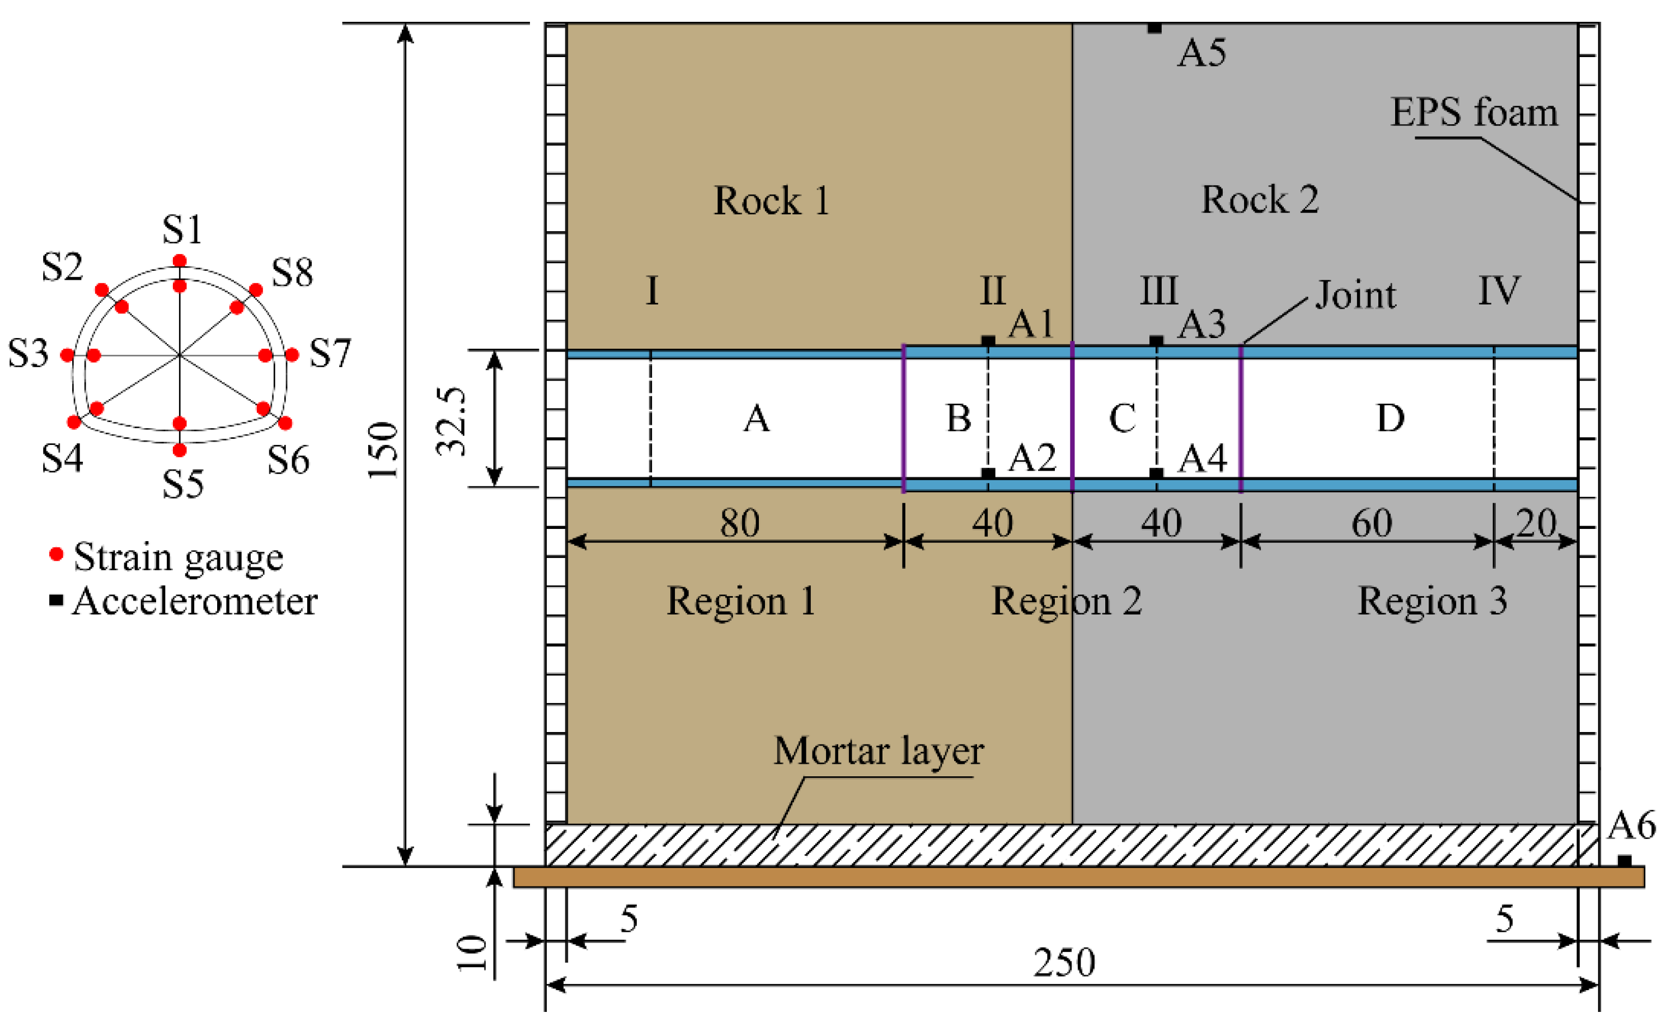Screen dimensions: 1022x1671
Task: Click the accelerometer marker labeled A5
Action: point(1154,28)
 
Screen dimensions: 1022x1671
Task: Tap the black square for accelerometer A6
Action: point(1624,861)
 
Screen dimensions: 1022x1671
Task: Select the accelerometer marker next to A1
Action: point(988,340)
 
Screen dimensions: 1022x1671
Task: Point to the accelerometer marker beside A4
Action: point(1156,473)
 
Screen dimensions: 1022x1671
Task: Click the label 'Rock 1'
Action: point(771,201)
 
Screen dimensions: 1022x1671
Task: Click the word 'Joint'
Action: point(1355,295)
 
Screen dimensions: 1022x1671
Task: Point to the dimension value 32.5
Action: point(452,420)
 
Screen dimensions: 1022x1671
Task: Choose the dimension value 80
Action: point(739,523)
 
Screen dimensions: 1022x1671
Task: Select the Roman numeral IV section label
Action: point(1498,291)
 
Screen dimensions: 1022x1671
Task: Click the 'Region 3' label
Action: point(1431,601)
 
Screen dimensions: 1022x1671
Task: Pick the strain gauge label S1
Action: point(182,229)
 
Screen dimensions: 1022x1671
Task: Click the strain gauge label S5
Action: point(182,484)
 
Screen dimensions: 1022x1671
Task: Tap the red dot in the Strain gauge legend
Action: point(57,555)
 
